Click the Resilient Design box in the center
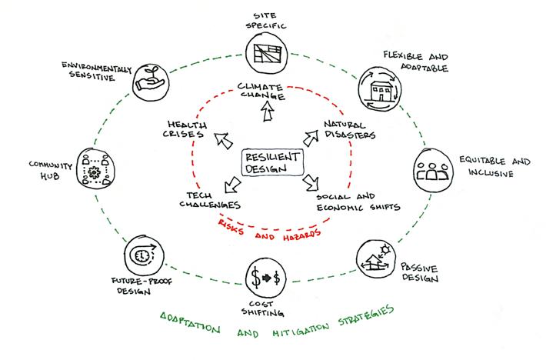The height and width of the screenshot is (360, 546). pyautogui.click(x=272, y=162)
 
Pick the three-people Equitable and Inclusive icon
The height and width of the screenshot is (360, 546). pyautogui.click(x=433, y=169)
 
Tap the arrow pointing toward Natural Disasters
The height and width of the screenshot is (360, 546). pyautogui.click(x=311, y=138)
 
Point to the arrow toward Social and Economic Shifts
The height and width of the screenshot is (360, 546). pyautogui.click(x=311, y=185)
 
